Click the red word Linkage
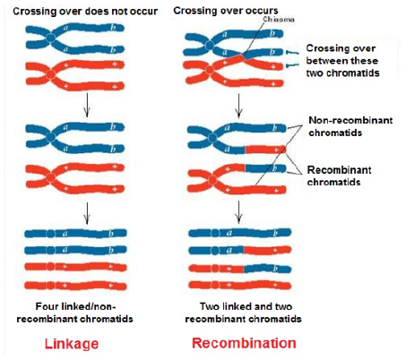[72, 344]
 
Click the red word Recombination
[244, 343]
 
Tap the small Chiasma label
[279, 20]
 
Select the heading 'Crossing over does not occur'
[85, 12]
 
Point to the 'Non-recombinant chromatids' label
[350, 126]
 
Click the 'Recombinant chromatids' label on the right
[339, 176]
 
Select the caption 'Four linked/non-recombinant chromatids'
[75, 313]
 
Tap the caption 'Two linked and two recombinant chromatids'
[244, 313]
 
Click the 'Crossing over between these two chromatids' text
[342, 61]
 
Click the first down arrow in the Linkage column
[87, 105]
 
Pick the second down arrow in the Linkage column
[87, 213]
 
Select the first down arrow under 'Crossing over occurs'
[238, 106]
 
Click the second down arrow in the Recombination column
[238, 212]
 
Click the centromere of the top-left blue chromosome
[50, 39]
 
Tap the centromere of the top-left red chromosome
[51, 74]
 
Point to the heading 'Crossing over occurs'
[226, 11]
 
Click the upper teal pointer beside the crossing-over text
[292, 53]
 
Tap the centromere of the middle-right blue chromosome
[212, 138]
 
